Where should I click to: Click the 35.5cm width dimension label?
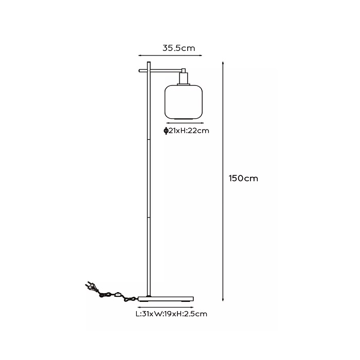pos(178,48)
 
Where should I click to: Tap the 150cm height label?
pos(243,178)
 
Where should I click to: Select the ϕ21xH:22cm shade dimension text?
pos(186,131)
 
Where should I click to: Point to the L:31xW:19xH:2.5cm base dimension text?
pos(171,314)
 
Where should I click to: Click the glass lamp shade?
pos(184,102)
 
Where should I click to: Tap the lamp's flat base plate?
pos(166,299)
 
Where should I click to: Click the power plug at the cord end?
pos(91,286)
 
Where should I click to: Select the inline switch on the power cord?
pos(118,294)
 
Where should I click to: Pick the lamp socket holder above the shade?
pos(184,77)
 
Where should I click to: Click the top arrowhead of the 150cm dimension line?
pos(223,62)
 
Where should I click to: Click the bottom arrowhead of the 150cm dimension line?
pos(223,300)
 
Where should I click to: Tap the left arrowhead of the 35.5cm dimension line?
pos(139,55)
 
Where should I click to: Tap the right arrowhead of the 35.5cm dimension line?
pos(201,55)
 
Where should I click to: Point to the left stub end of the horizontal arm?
pos(139,70)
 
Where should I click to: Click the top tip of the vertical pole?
pos(149,62)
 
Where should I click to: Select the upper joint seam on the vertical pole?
pos(149,139)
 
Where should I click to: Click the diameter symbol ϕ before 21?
pos(166,131)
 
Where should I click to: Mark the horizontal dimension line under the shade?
pos(185,123)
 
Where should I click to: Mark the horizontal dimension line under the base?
pos(166,307)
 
